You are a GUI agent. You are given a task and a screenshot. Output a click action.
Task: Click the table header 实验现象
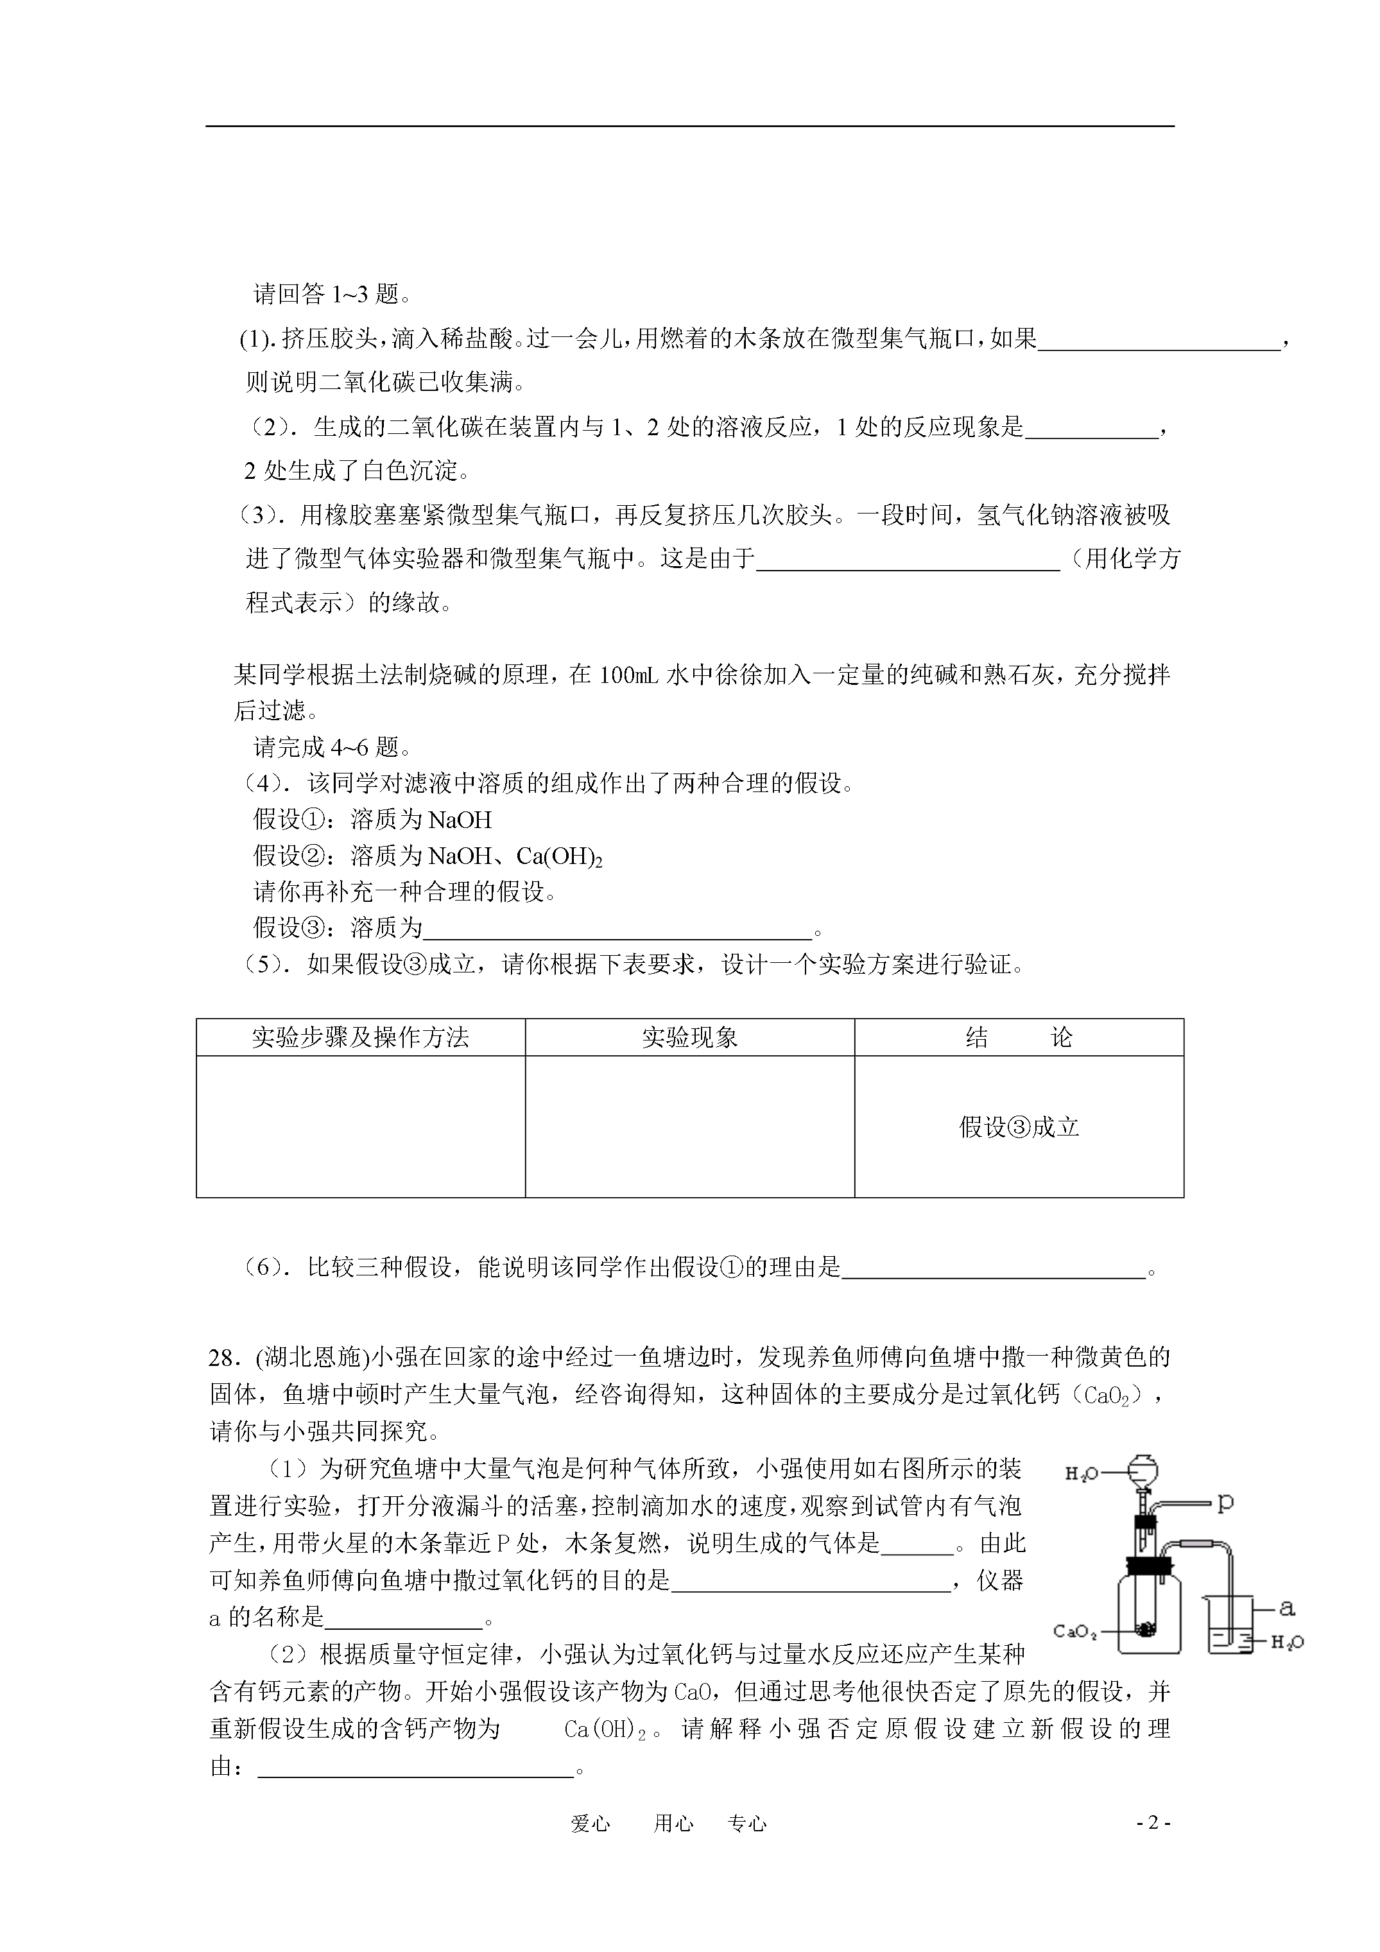689,1037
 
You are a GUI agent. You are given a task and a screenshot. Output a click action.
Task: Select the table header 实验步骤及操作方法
361,1037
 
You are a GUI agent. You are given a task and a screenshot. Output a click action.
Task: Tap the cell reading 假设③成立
1019,1127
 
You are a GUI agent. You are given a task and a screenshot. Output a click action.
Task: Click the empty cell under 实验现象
689,1127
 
